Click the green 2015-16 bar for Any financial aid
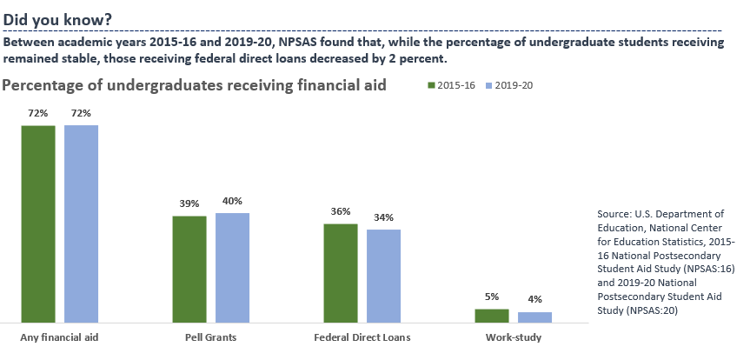38,224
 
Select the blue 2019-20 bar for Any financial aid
81,224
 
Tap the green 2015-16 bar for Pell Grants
189,269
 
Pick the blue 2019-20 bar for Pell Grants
232,267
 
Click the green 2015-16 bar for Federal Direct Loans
341,273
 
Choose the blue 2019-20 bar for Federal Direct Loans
383,276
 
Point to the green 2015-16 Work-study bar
492,316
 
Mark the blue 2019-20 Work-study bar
534,317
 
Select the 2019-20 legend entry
509,85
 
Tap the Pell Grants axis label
210,337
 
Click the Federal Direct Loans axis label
362,337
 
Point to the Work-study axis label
513,337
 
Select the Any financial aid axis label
59,337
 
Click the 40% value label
233,201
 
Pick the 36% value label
341,211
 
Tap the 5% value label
492,297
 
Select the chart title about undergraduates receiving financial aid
195,85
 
